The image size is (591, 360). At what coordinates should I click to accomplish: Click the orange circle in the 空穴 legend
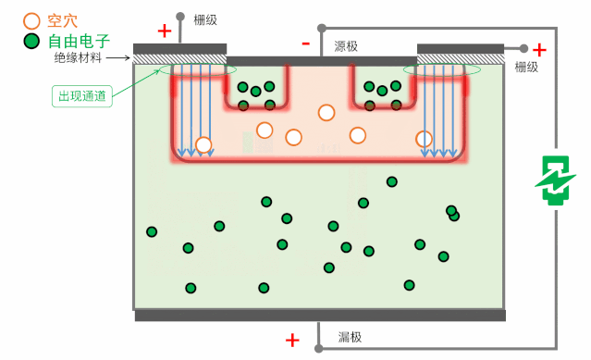coord(31,19)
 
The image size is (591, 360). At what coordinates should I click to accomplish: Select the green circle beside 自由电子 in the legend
coord(31,41)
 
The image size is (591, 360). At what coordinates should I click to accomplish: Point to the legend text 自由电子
coord(79,41)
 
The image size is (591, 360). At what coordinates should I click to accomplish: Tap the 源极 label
coord(346,45)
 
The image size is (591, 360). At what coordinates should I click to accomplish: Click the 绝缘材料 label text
coord(78,57)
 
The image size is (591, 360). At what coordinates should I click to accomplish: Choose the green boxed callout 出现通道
coord(81,95)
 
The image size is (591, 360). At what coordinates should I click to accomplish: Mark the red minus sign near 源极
coord(305,43)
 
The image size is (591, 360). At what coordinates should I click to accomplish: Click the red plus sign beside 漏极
coord(292,340)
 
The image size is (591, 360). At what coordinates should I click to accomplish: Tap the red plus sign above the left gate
coord(165,31)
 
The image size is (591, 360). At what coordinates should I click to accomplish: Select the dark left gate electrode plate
coord(179,48)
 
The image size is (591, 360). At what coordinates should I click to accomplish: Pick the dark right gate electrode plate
coord(461,48)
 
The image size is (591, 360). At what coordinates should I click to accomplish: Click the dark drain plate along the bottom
coord(320,316)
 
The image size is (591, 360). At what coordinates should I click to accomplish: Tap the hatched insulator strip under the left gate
coord(179,59)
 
